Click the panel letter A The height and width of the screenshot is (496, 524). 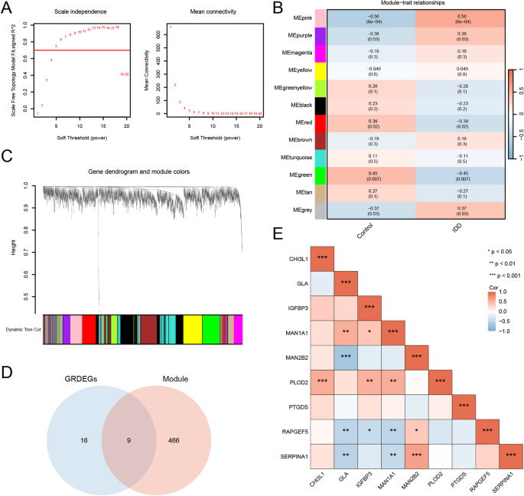(x=7, y=8)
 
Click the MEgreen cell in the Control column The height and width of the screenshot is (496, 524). (x=372, y=174)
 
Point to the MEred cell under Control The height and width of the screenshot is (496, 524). (x=372, y=123)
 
